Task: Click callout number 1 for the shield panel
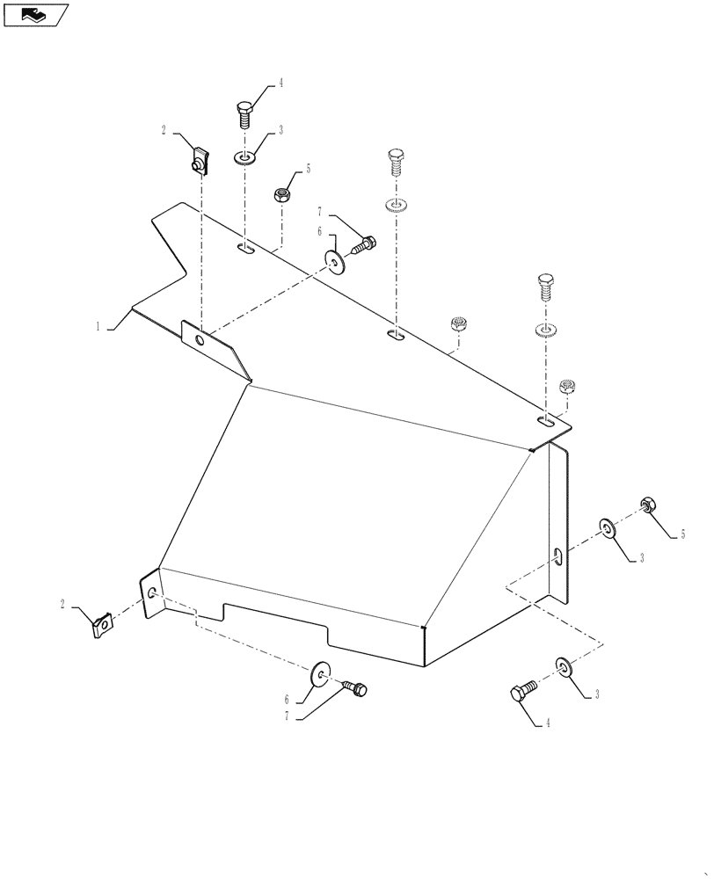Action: (x=99, y=326)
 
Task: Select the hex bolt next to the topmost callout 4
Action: (x=244, y=113)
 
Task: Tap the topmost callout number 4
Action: (x=280, y=84)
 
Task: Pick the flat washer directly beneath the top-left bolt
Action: (x=244, y=158)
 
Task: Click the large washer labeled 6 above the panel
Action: (x=335, y=262)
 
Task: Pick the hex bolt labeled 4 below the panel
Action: (x=521, y=693)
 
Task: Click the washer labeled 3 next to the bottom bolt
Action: (x=563, y=666)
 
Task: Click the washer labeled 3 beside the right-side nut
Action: (x=608, y=528)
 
